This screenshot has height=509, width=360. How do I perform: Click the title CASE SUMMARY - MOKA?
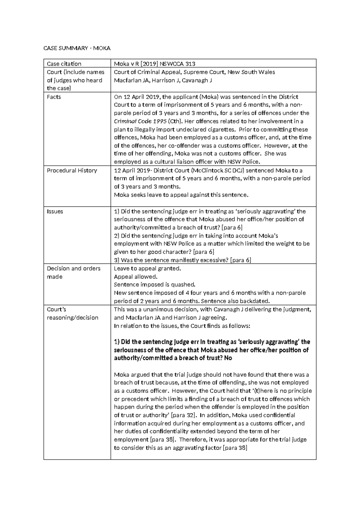pyautogui.click(x=77, y=48)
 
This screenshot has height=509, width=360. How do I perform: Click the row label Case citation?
pyautogui.click(x=64, y=64)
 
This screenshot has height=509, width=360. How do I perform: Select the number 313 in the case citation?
pyautogui.click(x=190, y=64)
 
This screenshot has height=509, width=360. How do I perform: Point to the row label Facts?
pyautogui.click(x=54, y=97)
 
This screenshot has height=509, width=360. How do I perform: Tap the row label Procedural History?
pyautogui.click(x=72, y=170)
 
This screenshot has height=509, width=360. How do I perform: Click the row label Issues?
pyautogui.click(x=55, y=211)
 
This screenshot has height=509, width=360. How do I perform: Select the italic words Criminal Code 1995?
pyautogui.click(x=140, y=121)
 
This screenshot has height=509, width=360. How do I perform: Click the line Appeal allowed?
pyautogui.click(x=136, y=277)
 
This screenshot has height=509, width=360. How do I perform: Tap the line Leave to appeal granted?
pyautogui.click(x=147, y=269)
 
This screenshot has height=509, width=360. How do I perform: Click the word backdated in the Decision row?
pyautogui.click(x=257, y=301)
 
